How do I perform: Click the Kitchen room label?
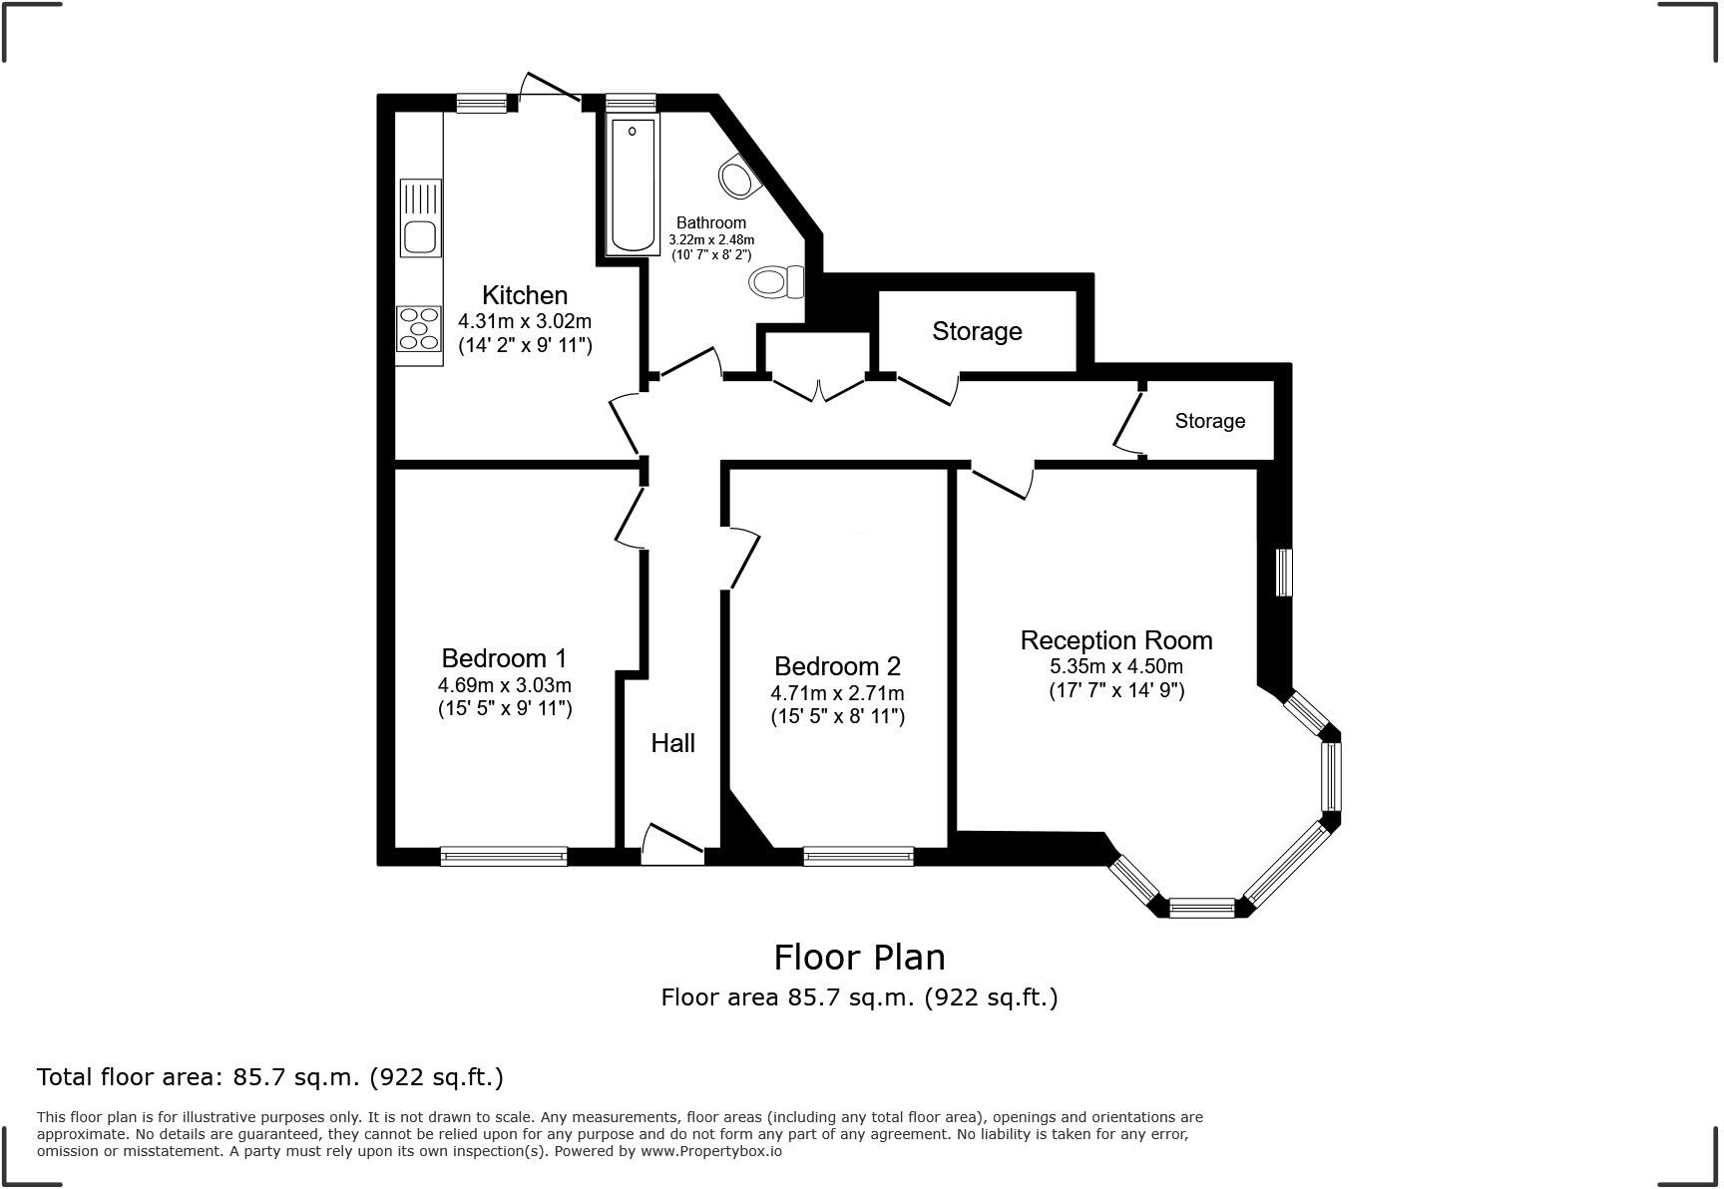(x=525, y=295)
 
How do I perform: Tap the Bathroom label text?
(x=711, y=222)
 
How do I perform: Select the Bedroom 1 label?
(x=504, y=658)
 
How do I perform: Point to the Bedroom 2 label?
(x=837, y=666)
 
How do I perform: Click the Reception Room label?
(x=1116, y=640)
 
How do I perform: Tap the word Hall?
(x=673, y=743)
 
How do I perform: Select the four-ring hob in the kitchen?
(x=419, y=329)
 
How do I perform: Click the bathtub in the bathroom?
(x=633, y=186)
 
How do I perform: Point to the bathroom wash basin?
(x=738, y=178)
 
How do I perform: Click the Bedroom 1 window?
(x=504, y=856)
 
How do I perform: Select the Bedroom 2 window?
(x=858, y=856)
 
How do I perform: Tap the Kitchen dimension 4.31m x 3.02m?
(x=525, y=321)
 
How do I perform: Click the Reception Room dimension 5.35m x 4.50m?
(x=1116, y=666)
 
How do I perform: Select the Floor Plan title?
(x=860, y=958)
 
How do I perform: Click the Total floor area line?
(x=270, y=1077)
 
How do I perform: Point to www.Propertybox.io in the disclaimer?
(x=711, y=1151)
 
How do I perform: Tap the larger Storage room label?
(x=977, y=331)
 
